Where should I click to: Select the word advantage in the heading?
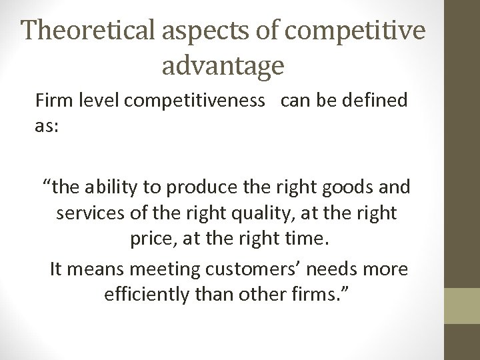click(x=223, y=65)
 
